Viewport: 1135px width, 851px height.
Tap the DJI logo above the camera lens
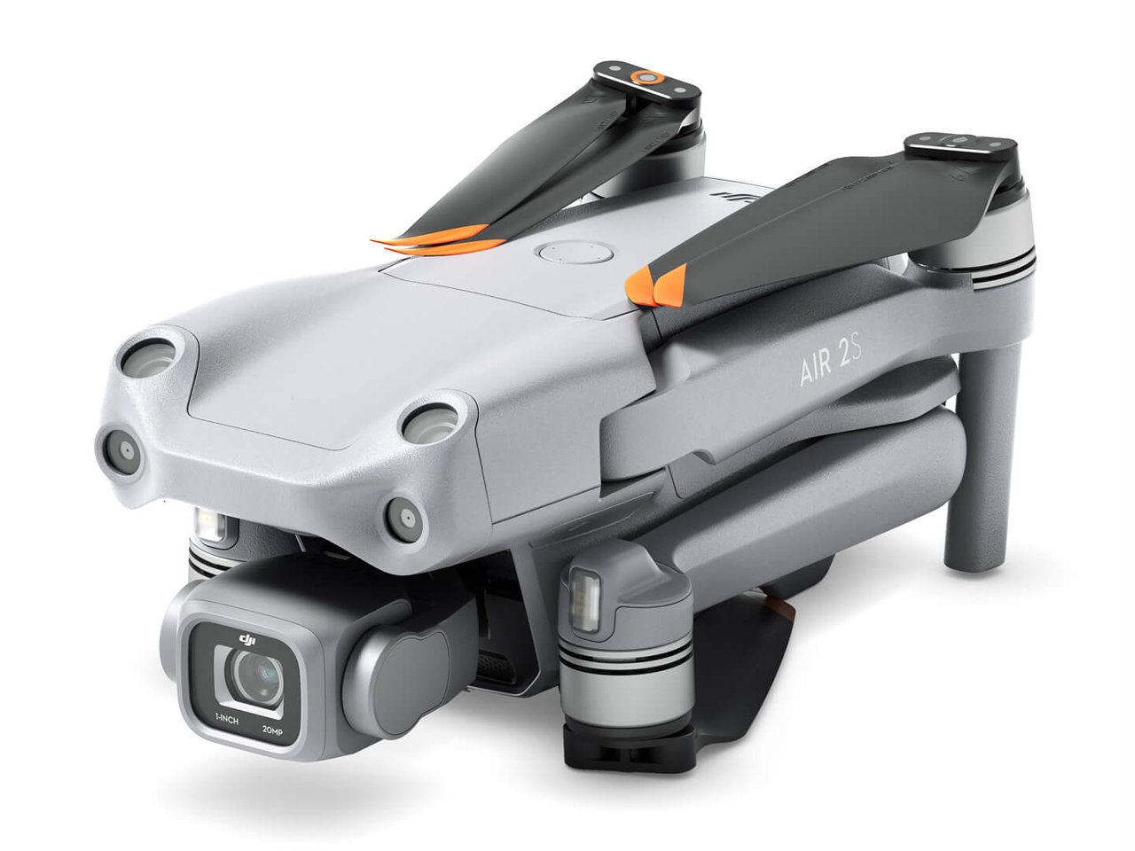[247, 639]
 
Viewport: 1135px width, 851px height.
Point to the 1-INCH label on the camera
[226, 720]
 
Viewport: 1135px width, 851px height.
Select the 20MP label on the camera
[272, 730]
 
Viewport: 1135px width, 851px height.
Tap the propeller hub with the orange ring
[648, 78]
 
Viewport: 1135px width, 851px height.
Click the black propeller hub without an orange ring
[957, 144]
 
